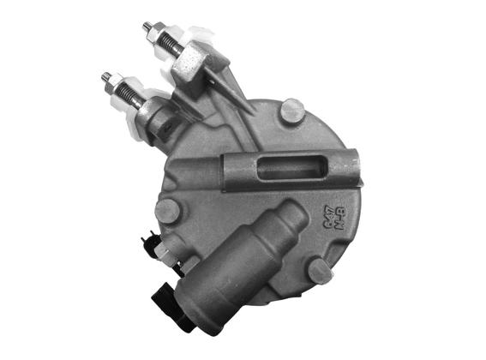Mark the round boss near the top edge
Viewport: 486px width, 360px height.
(292, 111)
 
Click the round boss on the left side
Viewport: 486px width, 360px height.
(168, 210)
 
